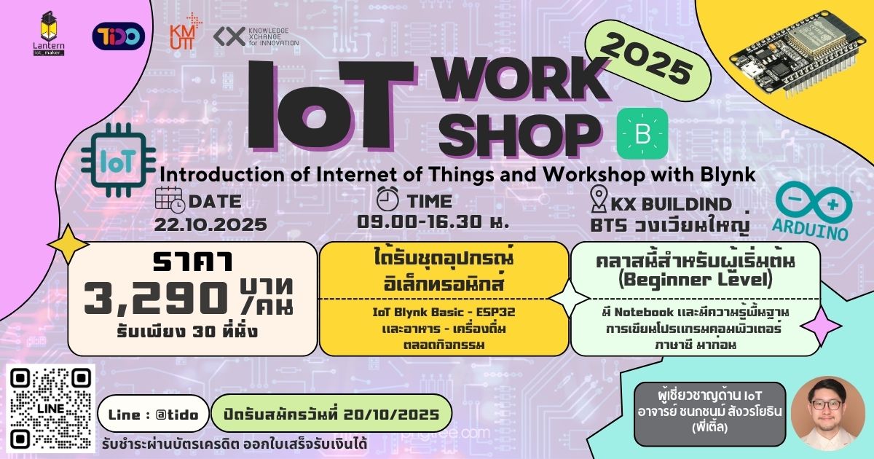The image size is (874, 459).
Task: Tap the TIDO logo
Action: point(119,36)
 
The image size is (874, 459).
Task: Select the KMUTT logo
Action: point(184,32)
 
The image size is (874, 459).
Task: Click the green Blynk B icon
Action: point(642,133)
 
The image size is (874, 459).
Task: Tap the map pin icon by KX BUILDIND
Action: point(599,201)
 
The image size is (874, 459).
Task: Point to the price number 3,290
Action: point(154,297)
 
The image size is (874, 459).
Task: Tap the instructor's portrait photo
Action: point(826,412)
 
